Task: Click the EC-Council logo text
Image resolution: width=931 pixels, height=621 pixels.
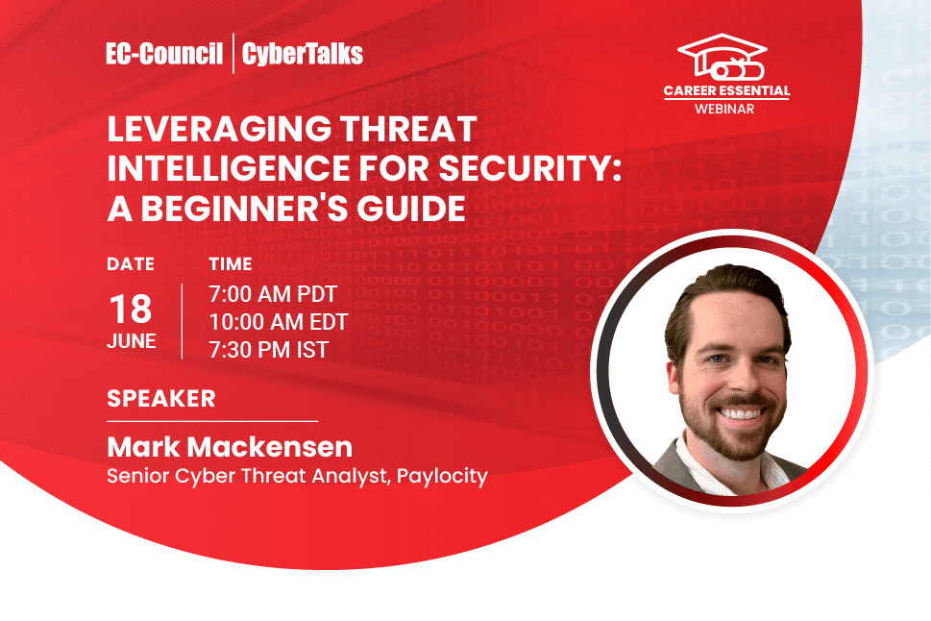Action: [164, 54]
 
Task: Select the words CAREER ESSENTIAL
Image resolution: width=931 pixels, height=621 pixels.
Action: [726, 91]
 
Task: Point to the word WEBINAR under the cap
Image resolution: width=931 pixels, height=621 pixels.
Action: [726, 109]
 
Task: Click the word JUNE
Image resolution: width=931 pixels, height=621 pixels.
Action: [132, 342]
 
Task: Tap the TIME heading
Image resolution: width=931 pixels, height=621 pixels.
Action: [231, 263]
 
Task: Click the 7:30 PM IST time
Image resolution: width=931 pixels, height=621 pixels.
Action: [268, 350]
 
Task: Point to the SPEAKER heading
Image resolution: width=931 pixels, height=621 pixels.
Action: [161, 398]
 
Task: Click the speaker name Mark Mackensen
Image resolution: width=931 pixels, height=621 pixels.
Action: [230, 447]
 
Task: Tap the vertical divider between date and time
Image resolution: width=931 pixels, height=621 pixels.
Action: [182, 321]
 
